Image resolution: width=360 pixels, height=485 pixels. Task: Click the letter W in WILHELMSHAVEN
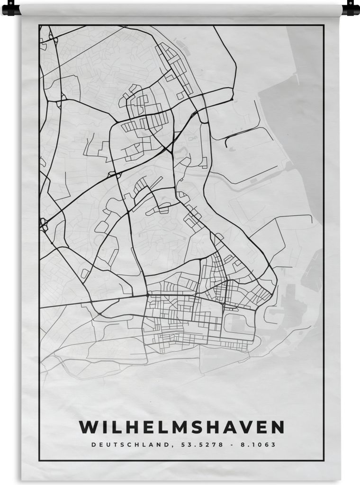[x=88, y=427]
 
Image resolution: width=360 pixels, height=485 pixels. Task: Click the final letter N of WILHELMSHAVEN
[x=277, y=427]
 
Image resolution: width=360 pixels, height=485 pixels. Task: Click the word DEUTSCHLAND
[x=126, y=445]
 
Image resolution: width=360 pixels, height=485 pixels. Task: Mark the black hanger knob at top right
[x=350, y=8]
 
